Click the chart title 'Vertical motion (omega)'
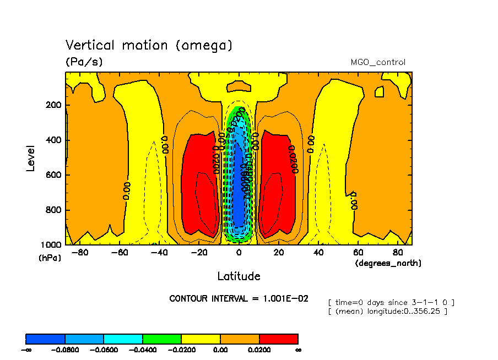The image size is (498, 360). point(149,45)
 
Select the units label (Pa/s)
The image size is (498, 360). point(84,62)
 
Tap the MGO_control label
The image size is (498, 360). point(378,62)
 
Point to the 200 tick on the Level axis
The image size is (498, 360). point(53,105)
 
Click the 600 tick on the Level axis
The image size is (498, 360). point(53,175)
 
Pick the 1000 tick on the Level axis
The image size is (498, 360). point(51,244)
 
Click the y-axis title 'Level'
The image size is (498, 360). point(31,157)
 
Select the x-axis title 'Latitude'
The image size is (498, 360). point(239,276)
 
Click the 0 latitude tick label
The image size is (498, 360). point(239,253)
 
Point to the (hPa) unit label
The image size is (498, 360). point(50,258)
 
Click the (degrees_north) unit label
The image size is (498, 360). point(388,264)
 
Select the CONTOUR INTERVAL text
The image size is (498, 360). point(239,299)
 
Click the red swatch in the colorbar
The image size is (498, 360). point(278,339)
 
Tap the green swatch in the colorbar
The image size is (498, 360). point(162,339)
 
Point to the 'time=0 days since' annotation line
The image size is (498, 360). point(391,302)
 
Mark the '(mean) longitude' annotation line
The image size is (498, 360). point(387,311)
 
